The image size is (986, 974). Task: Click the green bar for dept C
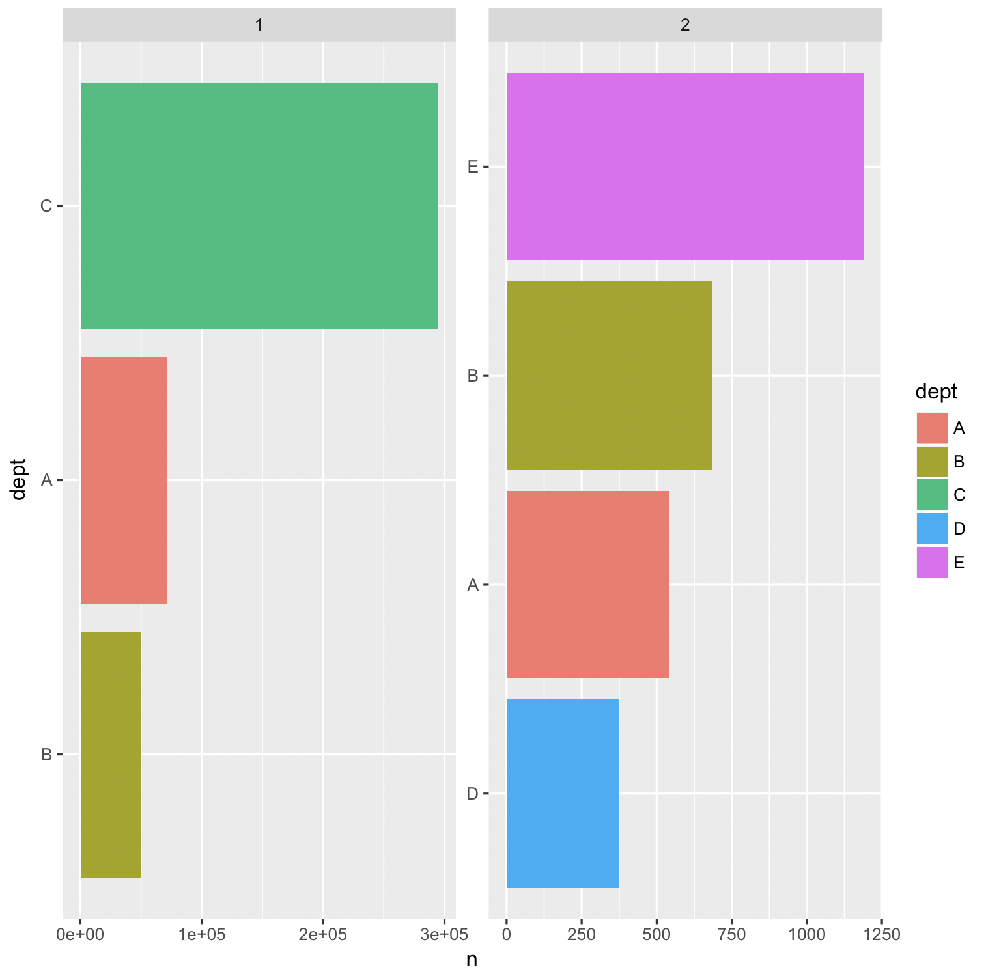click(x=259, y=206)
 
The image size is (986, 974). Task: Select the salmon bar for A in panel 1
click(x=123, y=480)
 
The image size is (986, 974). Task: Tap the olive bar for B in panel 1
click(x=110, y=754)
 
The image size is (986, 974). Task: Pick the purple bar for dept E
click(x=684, y=167)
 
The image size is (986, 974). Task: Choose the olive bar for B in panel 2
click(x=609, y=375)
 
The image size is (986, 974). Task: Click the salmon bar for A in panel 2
click(x=587, y=584)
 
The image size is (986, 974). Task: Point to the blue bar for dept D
click(x=562, y=793)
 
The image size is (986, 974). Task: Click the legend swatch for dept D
click(x=932, y=529)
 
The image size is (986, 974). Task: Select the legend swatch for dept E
click(x=932, y=563)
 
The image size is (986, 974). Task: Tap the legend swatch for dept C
click(x=932, y=495)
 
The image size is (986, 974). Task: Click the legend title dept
click(x=936, y=391)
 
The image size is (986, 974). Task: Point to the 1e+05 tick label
click(x=202, y=935)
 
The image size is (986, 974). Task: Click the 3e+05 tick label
click(x=444, y=935)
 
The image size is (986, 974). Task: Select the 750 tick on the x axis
click(x=731, y=935)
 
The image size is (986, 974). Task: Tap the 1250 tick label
click(x=882, y=935)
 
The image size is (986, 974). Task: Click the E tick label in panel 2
click(x=473, y=167)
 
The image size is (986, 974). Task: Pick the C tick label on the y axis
click(x=46, y=206)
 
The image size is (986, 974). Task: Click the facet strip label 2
click(x=684, y=25)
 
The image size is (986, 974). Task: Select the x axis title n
click(x=472, y=960)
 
